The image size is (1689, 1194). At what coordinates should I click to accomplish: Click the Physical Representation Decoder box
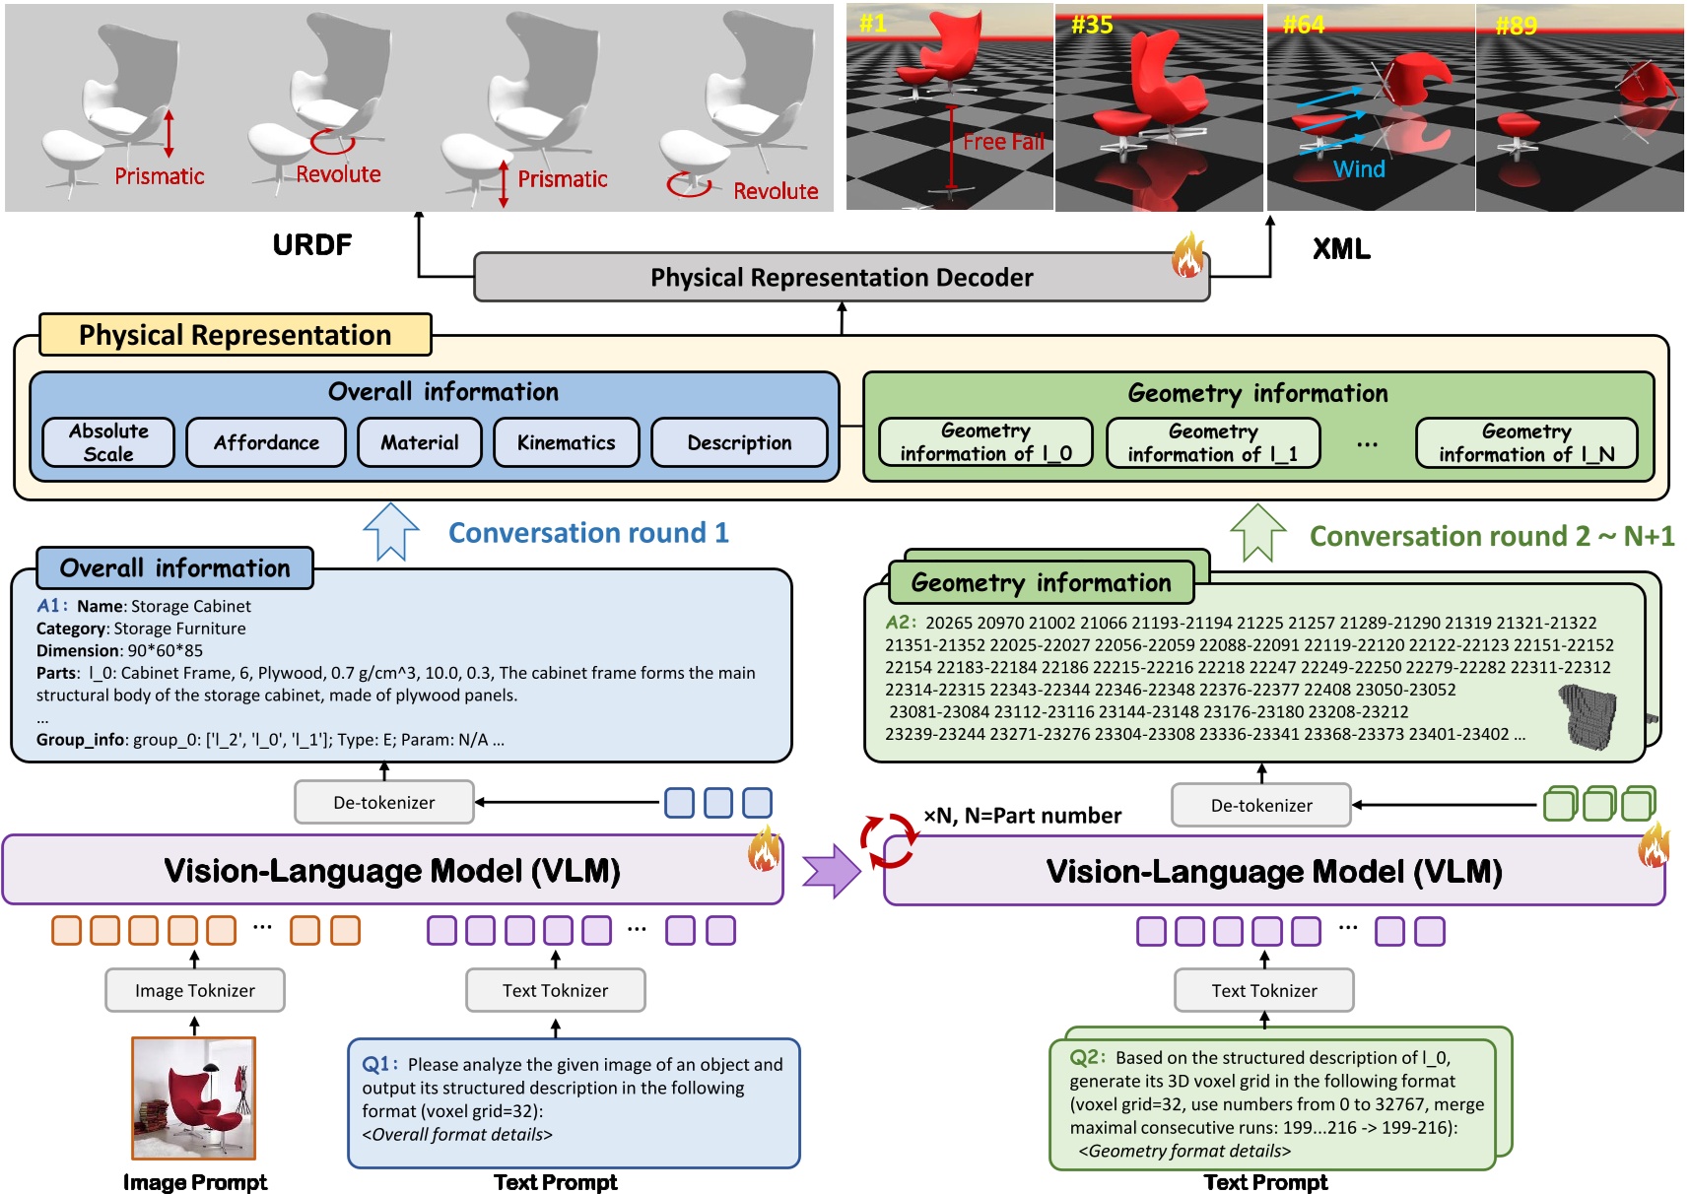click(x=841, y=277)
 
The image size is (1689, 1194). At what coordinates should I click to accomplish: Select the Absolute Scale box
click(x=108, y=442)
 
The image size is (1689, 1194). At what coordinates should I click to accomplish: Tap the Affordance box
click(x=266, y=442)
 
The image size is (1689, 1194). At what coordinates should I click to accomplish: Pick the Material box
click(x=420, y=442)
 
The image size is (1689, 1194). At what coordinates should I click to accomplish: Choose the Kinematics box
click(x=566, y=442)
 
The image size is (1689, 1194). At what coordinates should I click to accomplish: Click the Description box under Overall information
click(x=739, y=442)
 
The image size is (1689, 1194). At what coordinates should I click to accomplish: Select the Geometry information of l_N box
click(x=1526, y=442)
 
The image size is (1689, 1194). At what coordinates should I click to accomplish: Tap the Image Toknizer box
click(x=194, y=990)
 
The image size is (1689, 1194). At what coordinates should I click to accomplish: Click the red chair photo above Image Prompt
click(x=194, y=1097)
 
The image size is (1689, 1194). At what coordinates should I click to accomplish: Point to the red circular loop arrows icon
click(x=888, y=840)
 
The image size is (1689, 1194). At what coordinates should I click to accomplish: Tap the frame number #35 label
click(x=1092, y=25)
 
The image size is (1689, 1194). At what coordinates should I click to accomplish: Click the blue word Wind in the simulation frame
click(x=1359, y=169)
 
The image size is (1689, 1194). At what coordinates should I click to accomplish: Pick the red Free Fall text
click(x=1003, y=142)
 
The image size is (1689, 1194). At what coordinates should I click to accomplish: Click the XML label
click(x=1340, y=249)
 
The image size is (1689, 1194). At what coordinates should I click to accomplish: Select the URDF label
click(x=311, y=245)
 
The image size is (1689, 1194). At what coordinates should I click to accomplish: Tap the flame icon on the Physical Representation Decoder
click(x=1187, y=256)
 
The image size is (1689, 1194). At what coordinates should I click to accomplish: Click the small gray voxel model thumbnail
click(x=1588, y=716)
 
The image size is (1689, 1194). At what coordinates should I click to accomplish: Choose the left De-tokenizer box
click(x=383, y=802)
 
